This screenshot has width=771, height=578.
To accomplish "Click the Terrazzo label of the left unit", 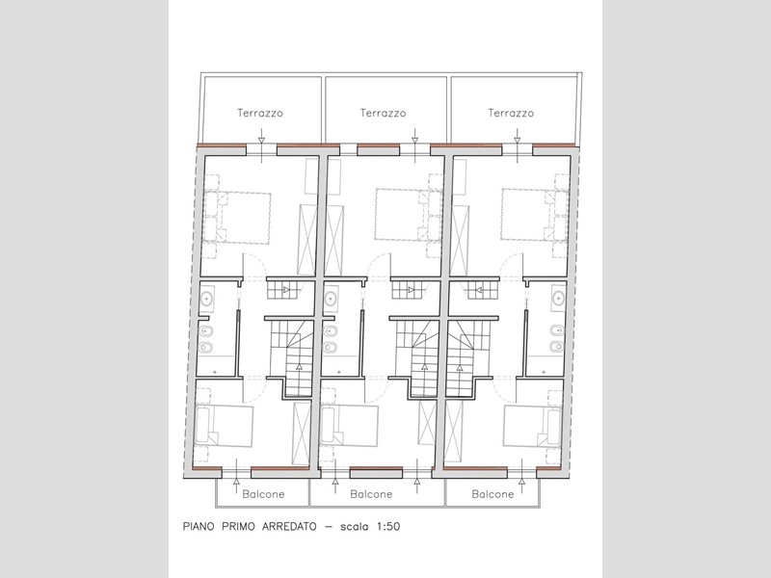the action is click(260, 113).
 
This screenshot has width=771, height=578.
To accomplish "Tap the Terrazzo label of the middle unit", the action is click(383, 113).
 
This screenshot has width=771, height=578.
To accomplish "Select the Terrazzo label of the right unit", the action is click(511, 113).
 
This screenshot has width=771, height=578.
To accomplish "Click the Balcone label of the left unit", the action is click(263, 494).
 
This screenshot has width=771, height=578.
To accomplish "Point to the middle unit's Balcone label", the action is click(371, 494).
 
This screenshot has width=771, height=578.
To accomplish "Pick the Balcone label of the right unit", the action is click(492, 494).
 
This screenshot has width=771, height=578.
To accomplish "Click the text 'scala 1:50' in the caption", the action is click(370, 526).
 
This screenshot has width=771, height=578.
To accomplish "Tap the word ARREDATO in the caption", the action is click(289, 526).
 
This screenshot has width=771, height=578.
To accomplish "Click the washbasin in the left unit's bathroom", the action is click(206, 298).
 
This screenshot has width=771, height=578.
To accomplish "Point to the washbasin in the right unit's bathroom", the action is click(558, 298).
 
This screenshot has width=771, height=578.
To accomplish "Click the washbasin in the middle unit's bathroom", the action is click(331, 298).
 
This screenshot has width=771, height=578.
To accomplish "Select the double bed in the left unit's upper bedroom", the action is click(237, 218).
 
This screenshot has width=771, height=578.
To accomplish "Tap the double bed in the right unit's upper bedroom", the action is click(535, 215).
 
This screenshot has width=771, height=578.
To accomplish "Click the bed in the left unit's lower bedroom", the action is click(225, 426).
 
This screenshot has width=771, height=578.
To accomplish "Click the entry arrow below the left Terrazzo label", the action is click(261, 144).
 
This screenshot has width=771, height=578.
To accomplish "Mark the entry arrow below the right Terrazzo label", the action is click(518, 144).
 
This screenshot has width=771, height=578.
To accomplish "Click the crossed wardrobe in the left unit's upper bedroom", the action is click(307, 240).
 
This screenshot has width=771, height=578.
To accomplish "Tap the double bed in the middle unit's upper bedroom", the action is click(409, 215).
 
